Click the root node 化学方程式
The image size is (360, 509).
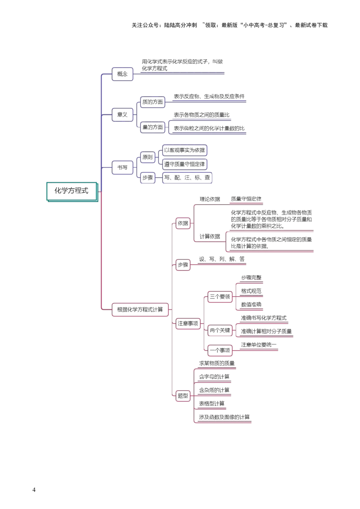point(72,192)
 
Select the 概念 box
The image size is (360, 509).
point(122,74)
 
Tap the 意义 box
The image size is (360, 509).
point(122,115)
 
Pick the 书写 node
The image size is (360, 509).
point(122,168)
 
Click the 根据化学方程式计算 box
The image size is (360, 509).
point(140,310)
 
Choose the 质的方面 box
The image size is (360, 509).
point(153,102)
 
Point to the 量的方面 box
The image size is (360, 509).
point(153,127)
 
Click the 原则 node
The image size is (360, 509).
point(148,157)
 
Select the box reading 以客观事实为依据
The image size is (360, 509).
point(184,150)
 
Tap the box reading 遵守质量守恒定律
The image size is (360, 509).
point(184,164)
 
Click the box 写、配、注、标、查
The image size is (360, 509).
point(187,178)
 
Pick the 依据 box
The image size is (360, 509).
point(183,223)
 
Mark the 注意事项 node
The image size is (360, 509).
point(188,323)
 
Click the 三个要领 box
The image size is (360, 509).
point(220,297)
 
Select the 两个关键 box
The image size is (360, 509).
point(220,330)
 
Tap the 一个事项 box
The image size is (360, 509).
point(220,350)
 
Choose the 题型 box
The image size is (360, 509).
point(183,396)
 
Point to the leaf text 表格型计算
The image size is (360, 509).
point(211,403)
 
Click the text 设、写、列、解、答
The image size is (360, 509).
point(222,259)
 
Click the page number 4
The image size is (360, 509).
point(34,490)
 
